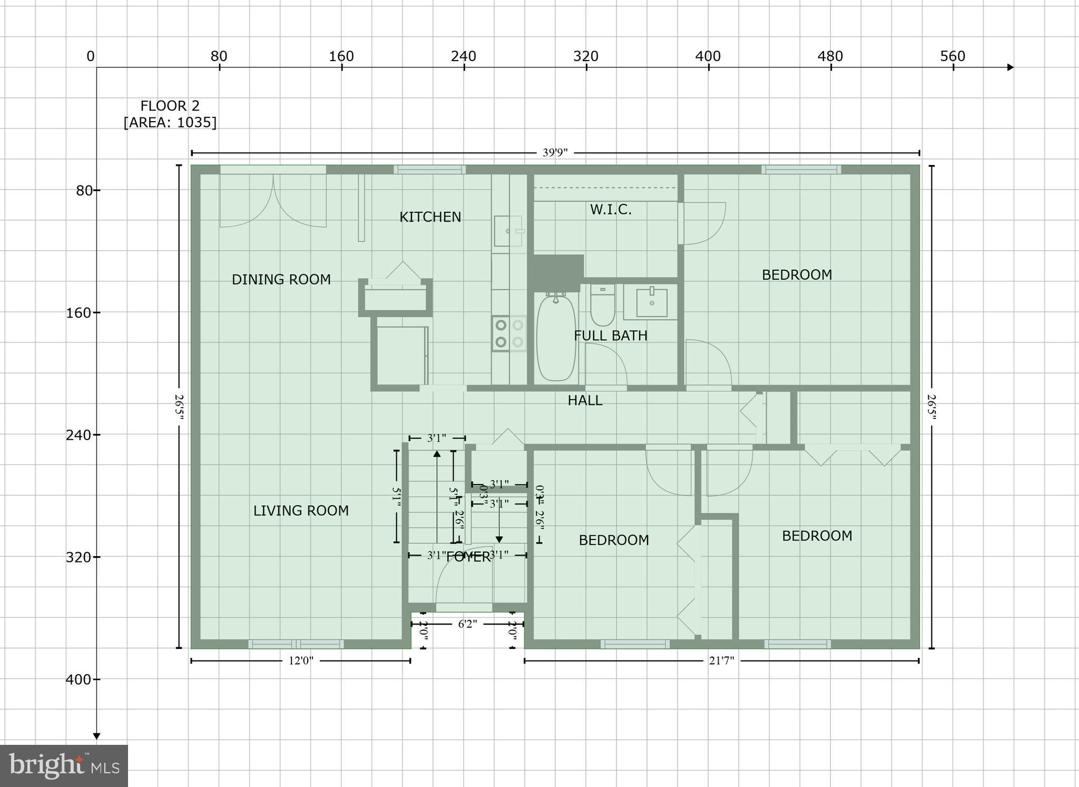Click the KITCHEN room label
coord(430,217)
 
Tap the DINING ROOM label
coord(281,280)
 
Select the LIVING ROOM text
coord(301,510)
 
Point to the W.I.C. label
coord(611,210)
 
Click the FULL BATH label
coord(611,336)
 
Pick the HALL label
coord(585,400)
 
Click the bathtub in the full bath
coord(556,337)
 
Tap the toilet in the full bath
coord(602,306)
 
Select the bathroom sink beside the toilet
coord(652,302)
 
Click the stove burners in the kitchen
coord(509,333)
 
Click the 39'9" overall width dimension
coord(555,153)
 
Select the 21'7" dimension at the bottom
coord(721,661)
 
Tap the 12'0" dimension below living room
coord(301,661)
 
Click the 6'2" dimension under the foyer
coord(467,624)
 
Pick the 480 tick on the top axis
coord(830,57)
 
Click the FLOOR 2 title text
coord(170,106)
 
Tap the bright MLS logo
coord(64,765)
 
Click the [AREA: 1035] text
coord(170,123)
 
